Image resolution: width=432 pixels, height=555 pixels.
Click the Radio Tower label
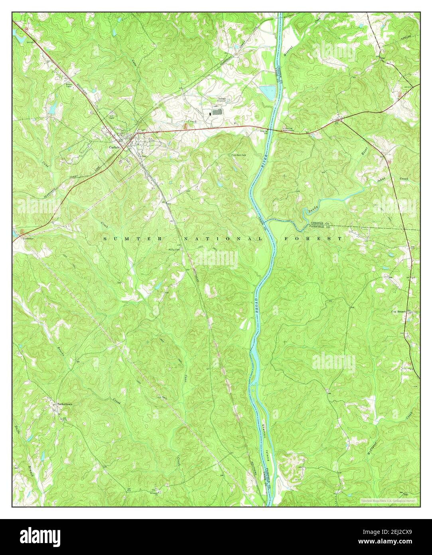71,85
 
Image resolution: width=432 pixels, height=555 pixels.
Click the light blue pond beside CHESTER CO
267,92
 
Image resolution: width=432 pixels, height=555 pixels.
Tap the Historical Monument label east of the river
288,129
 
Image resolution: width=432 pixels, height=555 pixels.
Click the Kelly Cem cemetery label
173,250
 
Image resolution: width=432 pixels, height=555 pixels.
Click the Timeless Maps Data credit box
388,500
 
